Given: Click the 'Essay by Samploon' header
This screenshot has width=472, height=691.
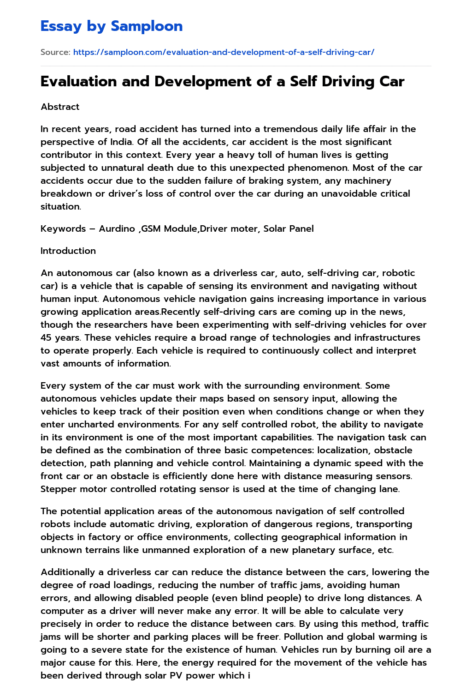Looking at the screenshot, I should [112, 26].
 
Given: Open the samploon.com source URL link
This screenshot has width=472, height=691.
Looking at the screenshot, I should [224, 52].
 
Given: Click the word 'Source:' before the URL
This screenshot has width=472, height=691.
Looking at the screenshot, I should [55, 52].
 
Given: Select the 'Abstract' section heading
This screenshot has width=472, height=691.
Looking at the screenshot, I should [60, 107].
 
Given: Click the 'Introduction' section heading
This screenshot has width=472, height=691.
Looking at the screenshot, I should [68, 251].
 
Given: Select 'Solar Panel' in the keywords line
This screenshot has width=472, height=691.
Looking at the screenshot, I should [289, 228].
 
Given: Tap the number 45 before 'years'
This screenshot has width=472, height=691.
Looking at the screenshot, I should [46, 337].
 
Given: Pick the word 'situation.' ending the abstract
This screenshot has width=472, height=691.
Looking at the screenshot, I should [61, 206].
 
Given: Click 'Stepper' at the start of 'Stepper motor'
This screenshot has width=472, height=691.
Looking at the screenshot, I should [58, 489].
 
